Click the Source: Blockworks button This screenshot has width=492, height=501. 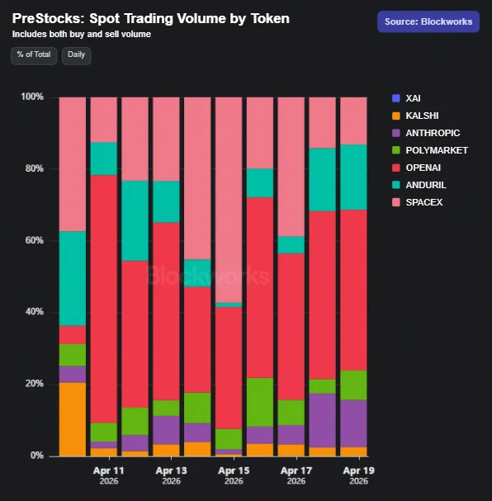(x=428, y=21)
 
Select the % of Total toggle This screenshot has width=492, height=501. (x=34, y=55)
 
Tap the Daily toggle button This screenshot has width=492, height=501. (x=76, y=55)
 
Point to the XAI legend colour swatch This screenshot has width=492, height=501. (x=396, y=98)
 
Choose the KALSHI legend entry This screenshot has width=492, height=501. (x=415, y=116)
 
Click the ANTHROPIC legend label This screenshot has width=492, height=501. (x=433, y=133)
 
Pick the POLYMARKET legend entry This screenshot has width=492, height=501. (x=430, y=150)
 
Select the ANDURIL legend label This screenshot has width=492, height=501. (x=426, y=185)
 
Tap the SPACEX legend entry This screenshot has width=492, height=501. (x=417, y=202)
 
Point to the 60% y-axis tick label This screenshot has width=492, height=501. (x=34, y=240)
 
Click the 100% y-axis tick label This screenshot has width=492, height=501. (x=32, y=97)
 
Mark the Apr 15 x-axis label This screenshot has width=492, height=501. (x=234, y=475)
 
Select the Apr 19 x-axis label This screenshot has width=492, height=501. (x=359, y=475)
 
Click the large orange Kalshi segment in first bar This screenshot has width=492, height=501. (x=73, y=419)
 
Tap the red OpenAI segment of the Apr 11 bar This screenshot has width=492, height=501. (x=104, y=299)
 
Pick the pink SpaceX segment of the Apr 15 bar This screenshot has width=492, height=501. (x=229, y=200)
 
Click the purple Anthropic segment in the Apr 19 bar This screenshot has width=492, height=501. (x=353, y=423)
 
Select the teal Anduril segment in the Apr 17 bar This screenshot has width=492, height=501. (x=291, y=245)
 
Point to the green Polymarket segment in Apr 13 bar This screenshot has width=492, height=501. (x=166, y=408)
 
